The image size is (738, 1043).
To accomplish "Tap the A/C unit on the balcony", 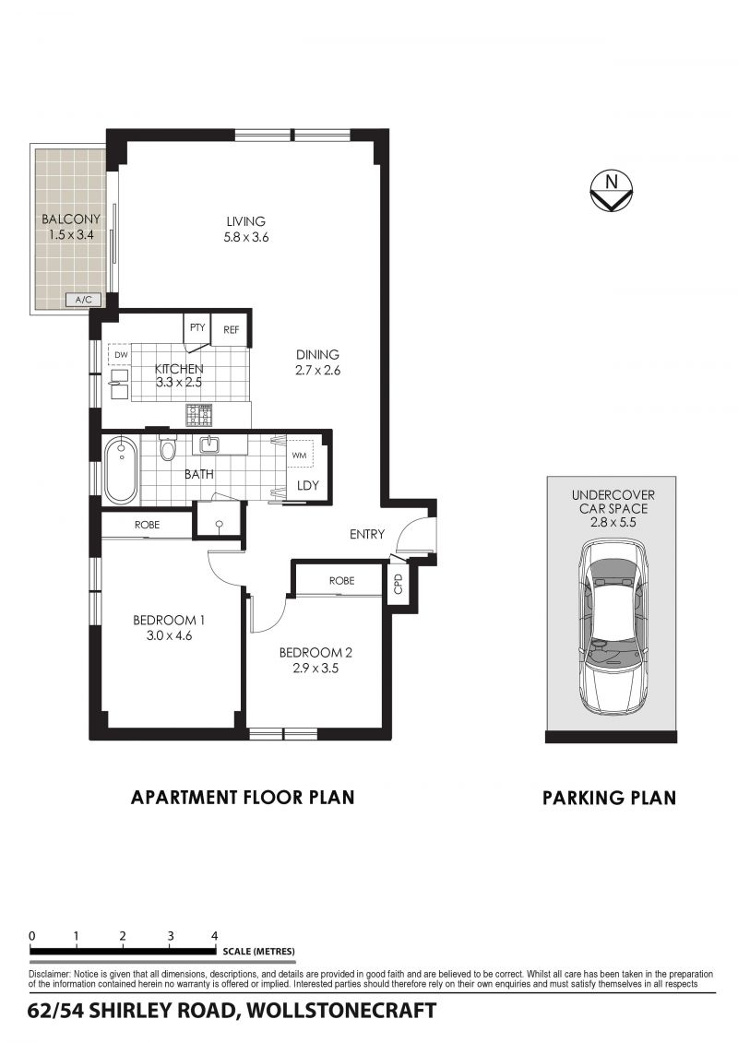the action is [x=83, y=300].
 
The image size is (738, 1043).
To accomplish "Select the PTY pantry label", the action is [x=197, y=327].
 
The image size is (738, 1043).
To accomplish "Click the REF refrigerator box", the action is [x=231, y=329].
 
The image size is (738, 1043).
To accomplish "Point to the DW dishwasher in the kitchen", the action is [x=121, y=354].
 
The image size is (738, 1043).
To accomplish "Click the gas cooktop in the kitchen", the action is [x=198, y=415].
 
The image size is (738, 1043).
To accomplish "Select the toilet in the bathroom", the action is [x=167, y=447].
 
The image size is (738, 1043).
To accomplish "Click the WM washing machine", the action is [x=300, y=456].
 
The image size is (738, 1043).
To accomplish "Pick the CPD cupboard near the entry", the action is [x=399, y=584].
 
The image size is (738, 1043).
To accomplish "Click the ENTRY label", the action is [x=366, y=533].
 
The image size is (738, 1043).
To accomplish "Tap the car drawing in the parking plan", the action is [x=612, y=627].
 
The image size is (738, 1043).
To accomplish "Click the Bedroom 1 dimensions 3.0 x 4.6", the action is [x=169, y=635].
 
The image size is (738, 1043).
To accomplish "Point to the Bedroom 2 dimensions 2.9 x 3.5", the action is [x=315, y=668].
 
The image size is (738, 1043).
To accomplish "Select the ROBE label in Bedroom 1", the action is [x=147, y=525].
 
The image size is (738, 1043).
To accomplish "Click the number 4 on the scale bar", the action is [x=214, y=936].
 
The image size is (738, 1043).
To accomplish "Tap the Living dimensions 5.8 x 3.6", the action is [x=245, y=237].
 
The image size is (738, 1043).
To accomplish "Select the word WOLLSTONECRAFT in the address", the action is [x=341, y=1011].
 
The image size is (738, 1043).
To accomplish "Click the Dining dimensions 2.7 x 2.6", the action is [x=317, y=371].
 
